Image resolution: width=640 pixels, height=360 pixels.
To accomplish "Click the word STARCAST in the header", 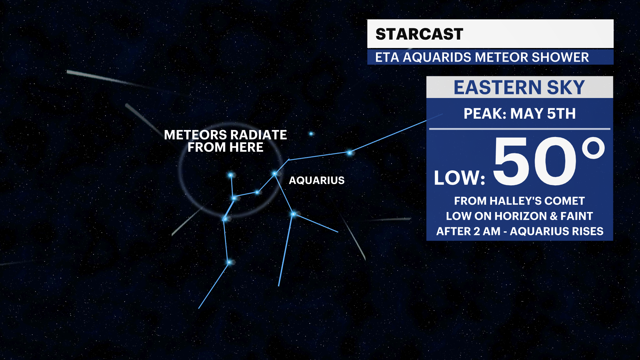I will click(x=419, y=34).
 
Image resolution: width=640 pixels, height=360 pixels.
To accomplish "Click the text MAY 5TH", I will click(x=543, y=114).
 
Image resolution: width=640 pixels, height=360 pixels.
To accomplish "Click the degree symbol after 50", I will click(x=593, y=149).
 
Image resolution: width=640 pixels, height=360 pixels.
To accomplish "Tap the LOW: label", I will click(x=459, y=178).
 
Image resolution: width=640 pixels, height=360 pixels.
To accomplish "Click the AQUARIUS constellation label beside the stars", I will click(x=316, y=180).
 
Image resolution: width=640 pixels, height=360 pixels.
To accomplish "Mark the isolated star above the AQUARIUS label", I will click(x=311, y=134).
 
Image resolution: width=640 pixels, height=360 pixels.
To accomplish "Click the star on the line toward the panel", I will click(x=349, y=153).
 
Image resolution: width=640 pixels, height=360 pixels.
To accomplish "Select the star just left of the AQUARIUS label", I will click(x=275, y=174).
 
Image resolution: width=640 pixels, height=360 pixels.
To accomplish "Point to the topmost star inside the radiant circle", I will click(x=230, y=175).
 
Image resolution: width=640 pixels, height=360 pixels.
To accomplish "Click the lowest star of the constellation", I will click(x=229, y=262).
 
